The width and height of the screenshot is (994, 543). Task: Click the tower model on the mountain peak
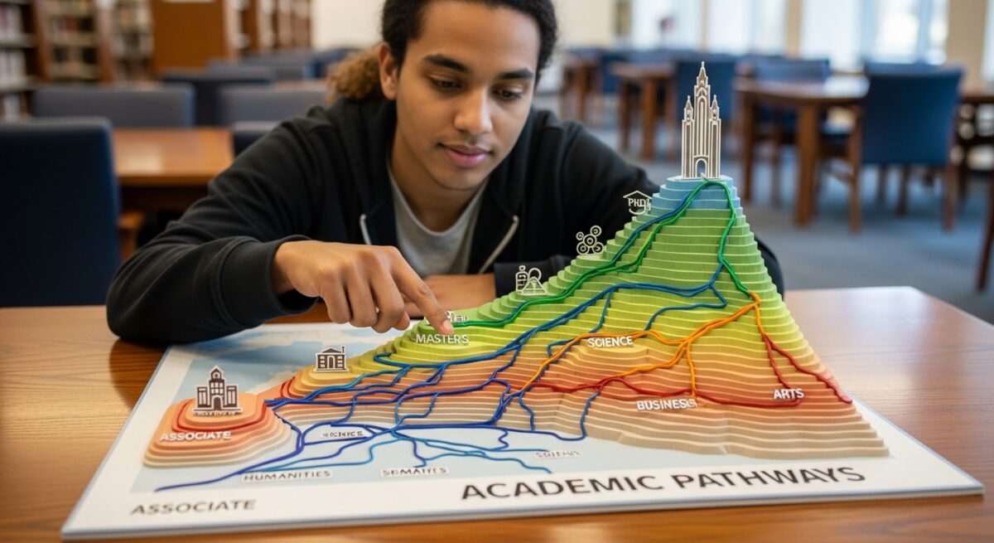[701, 124]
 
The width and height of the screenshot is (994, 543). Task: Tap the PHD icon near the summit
[636, 201]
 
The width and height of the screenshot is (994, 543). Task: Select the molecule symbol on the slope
[589, 240]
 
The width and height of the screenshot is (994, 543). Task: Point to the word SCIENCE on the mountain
[610, 342]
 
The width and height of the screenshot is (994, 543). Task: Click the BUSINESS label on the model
[665, 404]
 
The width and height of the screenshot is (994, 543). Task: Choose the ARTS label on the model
[788, 394]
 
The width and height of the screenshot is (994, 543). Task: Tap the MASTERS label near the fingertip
[442, 338]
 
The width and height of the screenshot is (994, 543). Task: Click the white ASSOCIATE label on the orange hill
[195, 435]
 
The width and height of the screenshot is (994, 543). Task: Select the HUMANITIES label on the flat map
[287, 475]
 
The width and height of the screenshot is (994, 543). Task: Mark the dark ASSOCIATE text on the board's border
[192, 506]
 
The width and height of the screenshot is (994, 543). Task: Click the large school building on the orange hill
[217, 390]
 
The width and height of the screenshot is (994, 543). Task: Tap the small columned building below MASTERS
[331, 359]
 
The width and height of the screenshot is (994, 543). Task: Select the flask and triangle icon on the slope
[529, 280]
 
